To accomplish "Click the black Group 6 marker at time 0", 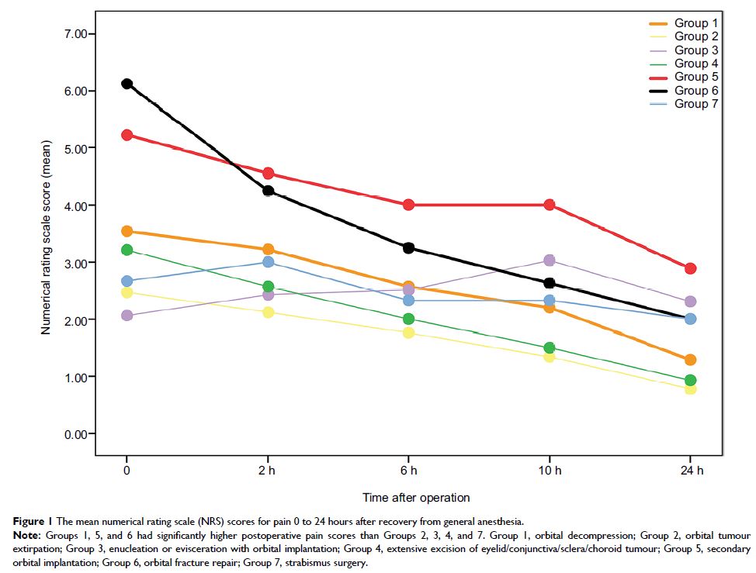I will point(127,84).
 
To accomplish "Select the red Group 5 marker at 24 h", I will point(690,268).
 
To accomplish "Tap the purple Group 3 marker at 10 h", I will point(550,261).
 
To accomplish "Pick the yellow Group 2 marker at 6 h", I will point(408,333).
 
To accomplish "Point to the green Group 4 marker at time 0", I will point(127,250).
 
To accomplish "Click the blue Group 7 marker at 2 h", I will point(268,262).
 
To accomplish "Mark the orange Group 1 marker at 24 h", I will point(690,360).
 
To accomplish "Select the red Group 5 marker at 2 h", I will point(268,173).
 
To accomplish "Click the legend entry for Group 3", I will point(695,50).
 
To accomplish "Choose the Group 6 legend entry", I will point(695,90).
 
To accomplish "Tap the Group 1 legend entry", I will point(695,24).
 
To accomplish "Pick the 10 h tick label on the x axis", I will point(550,471).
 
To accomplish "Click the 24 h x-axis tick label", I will point(690,471).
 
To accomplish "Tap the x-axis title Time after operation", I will point(416,497).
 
